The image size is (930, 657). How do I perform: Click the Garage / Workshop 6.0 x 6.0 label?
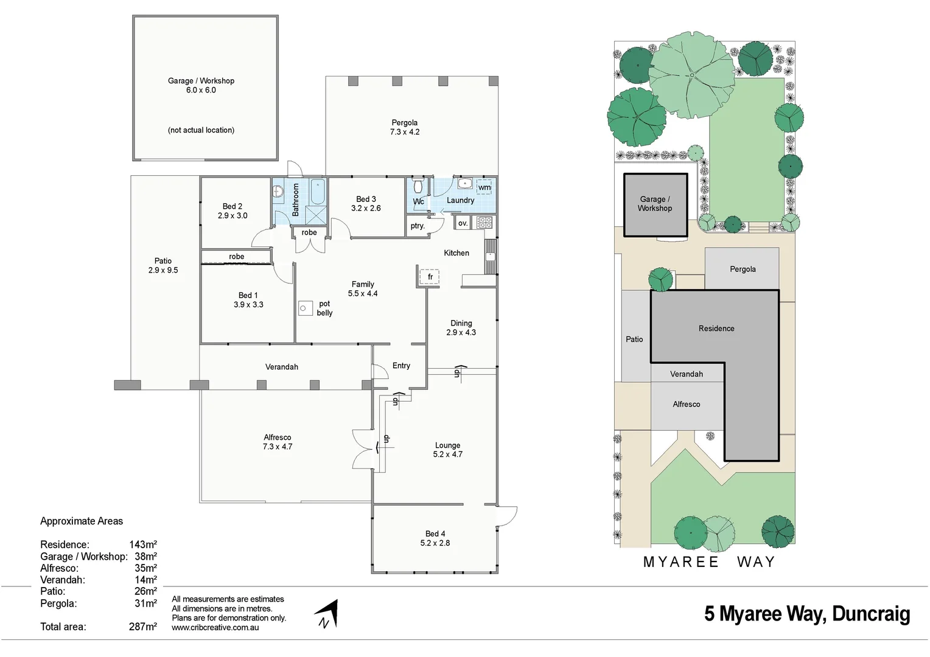pos(201,85)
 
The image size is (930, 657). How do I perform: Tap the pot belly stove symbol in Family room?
pos(306,308)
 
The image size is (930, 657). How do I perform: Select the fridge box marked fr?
pos(430,277)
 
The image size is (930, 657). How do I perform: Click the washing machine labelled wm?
pos(484,187)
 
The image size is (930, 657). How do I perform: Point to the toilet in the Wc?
pos(418,186)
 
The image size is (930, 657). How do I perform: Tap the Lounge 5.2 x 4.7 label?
pos(447,450)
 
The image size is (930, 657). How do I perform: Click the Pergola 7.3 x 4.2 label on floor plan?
pos(405,127)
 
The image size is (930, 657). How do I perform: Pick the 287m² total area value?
pos(143,627)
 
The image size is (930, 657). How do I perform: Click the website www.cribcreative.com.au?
pos(215,628)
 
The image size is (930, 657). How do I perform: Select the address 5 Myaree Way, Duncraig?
pos(807,614)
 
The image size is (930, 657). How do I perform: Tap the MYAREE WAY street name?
pos(709,562)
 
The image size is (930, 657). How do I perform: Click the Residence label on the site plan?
pos(716,328)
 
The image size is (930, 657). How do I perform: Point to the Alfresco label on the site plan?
pos(686,404)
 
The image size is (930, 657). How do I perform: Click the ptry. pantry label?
pos(418,226)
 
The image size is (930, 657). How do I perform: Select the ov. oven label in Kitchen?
pos(463,223)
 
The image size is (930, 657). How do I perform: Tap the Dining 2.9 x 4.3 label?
pos(461,328)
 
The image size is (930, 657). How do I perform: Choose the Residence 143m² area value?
pos(143,544)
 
